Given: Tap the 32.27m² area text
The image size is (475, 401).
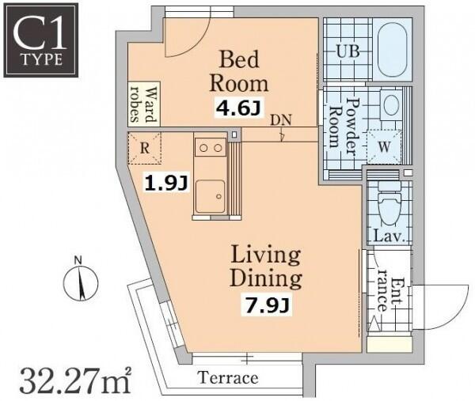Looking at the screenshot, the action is coord(75,380).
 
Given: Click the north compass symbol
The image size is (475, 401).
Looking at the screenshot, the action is coord(81,280).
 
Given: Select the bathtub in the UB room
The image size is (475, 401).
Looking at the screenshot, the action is coord(393,50).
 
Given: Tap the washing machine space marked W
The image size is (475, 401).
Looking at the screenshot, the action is coord(384,147).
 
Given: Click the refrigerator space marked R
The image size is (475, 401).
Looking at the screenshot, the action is coord(145,148).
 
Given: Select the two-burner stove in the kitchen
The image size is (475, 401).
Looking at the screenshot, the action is coord(211,147).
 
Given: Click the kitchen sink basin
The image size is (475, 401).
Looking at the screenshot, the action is coord(211,197).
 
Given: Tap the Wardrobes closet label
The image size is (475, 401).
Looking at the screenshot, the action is coord(144,104).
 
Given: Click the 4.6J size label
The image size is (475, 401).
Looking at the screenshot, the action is coord(237,108).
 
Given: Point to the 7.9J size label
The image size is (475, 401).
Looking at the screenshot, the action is coord(266,305).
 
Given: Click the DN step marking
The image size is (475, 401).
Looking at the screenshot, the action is coord(281,120).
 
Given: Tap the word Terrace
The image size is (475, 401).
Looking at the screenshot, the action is coord(228,378).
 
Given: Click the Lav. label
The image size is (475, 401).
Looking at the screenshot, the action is coord(389,236).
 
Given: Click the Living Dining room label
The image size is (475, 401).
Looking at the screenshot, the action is coord(266,267).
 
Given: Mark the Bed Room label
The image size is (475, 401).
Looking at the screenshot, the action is coord(239,71).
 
